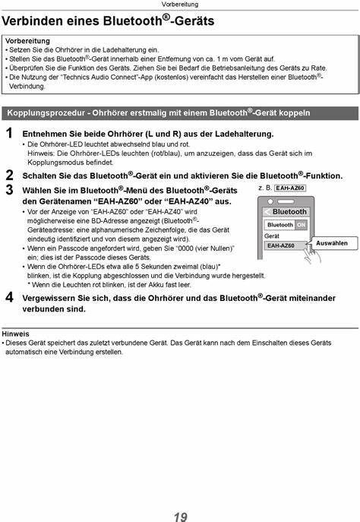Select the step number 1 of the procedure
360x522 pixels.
8,134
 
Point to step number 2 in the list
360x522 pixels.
8,175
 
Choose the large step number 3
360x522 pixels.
8,189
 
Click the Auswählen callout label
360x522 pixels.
331,243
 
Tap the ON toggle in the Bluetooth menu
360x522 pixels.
301,225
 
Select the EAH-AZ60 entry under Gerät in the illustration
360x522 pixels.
280,245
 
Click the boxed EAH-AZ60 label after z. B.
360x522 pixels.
290,188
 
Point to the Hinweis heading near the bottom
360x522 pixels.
16,334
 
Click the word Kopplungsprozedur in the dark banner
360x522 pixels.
46,113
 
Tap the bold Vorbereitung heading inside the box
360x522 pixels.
27,40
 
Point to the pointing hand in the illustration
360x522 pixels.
305,245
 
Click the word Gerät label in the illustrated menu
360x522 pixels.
272,236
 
